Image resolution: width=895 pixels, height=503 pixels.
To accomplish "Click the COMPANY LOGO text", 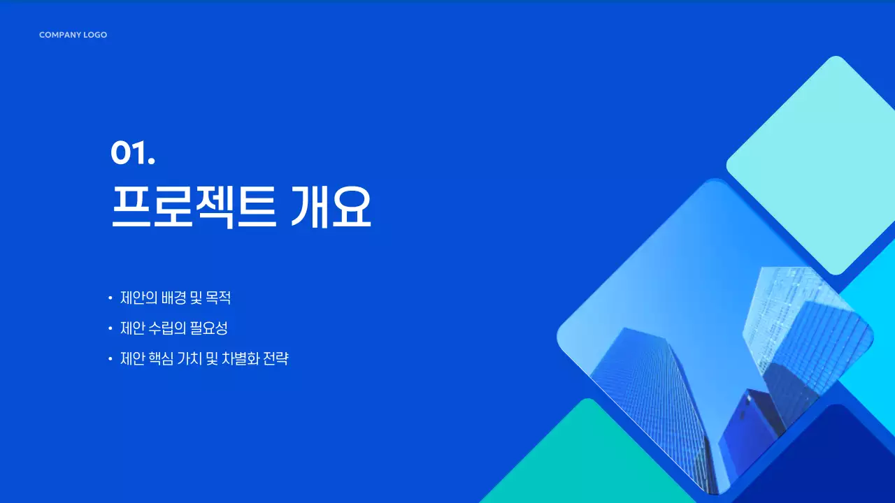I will pos(73,35).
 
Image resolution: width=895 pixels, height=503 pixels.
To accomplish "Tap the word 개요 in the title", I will pos(330,206).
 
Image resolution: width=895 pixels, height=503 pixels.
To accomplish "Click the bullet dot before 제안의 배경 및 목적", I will pos(110,298).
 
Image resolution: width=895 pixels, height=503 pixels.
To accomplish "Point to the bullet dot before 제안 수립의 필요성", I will pos(110,328).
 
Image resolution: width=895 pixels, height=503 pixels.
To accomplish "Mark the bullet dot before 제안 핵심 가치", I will pos(110,359).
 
